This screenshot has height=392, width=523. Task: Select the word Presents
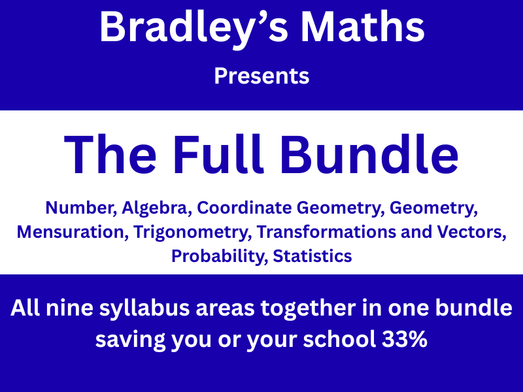pos(261,76)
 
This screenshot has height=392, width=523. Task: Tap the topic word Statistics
pos(312,256)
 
